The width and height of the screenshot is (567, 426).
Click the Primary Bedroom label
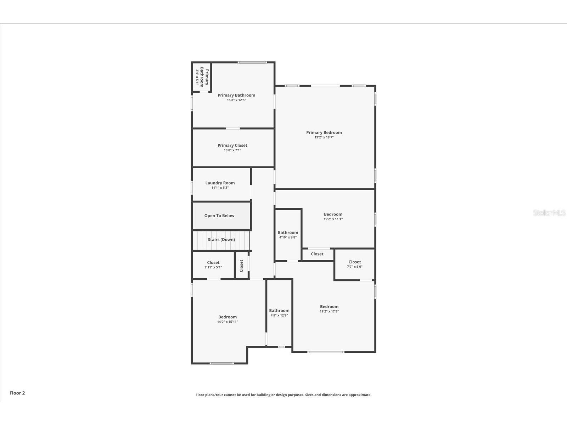[324, 132]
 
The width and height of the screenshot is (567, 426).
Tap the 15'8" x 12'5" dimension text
[236, 100]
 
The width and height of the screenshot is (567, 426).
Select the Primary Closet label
[232, 145]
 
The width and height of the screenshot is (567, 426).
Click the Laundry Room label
[220, 183]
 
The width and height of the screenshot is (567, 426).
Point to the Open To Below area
[219, 215]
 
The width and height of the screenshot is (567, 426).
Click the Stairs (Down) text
[221, 240]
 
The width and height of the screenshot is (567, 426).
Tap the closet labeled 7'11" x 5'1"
[213, 265]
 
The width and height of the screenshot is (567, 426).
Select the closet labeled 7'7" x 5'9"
[354, 264]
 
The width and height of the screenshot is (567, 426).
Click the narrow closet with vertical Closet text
[241, 266]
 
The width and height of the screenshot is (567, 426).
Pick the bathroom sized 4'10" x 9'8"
[288, 235]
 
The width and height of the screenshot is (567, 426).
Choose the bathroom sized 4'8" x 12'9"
[279, 312]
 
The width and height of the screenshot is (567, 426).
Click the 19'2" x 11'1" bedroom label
[333, 214]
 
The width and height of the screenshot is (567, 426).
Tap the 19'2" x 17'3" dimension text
[329, 311]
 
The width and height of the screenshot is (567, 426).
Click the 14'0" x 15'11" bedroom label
[228, 317]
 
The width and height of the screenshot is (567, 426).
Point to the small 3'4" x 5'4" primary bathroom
[202, 77]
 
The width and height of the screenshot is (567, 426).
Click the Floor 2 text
[17, 393]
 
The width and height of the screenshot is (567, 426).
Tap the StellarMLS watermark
[550, 213]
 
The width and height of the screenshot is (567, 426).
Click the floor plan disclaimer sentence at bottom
[283, 395]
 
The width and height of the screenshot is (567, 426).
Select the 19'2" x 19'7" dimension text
[324, 137]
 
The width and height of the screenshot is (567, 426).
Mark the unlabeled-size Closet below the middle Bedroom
[317, 254]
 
